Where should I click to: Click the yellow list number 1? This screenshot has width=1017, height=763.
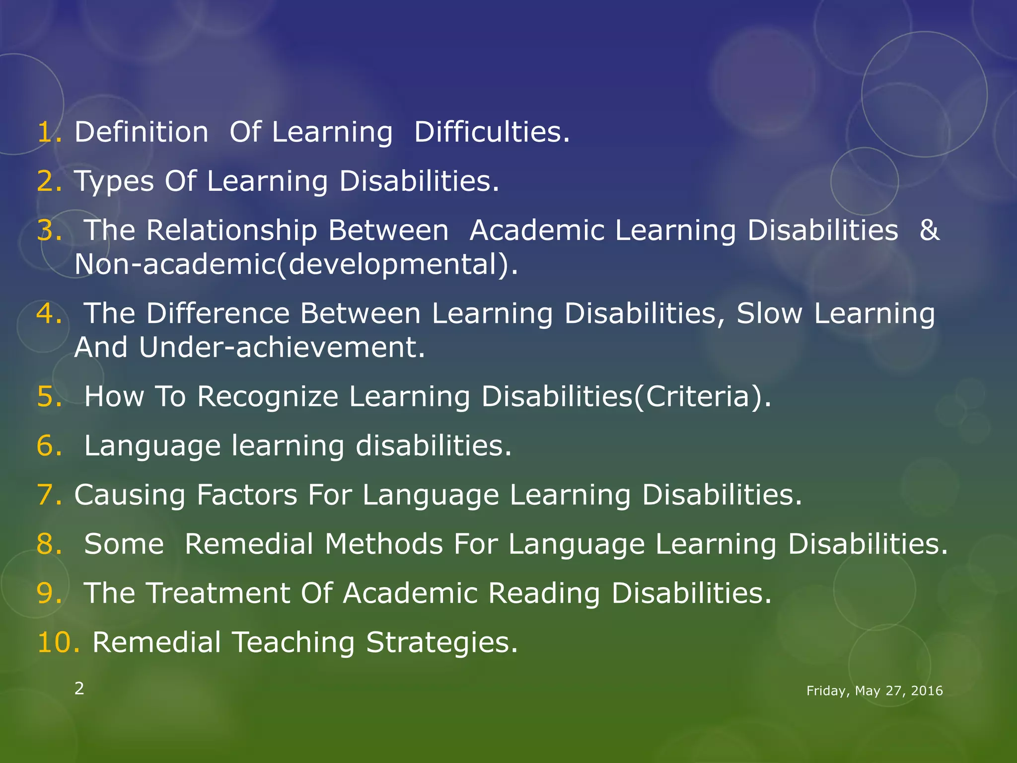point(49,133)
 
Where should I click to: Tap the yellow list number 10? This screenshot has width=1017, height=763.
point(58,642)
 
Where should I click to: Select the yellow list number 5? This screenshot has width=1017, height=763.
point(49,397)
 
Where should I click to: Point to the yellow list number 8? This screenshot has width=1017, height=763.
point(49,544)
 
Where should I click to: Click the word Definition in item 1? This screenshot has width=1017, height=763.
point(142,133)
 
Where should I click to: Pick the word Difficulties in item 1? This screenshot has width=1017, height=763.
point(492,133)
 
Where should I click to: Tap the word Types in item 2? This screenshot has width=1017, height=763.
point(114,182)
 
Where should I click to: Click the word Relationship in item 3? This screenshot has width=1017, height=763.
point(231,231)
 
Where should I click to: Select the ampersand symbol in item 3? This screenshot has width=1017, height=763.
point(929,231)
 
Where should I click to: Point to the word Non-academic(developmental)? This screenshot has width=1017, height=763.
point(296,264)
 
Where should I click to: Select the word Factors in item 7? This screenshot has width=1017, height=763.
point(247,495)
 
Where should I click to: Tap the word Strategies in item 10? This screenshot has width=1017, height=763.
point(442,643)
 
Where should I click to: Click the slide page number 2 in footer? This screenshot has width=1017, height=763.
point(79,689)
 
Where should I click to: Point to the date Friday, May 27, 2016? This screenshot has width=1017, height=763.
point(874,691)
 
